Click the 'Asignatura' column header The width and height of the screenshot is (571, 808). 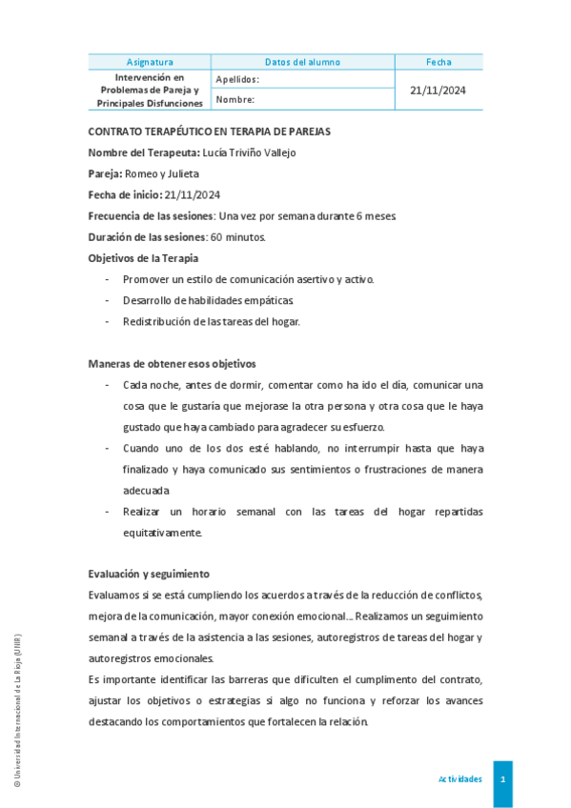(x=150, y=62)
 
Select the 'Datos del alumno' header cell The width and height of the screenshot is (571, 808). (x=302, y=62)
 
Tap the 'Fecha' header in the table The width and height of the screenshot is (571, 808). (x=438, y=62)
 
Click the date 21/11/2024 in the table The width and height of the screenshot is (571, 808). (x=438, y=91)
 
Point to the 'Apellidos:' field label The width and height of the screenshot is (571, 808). (x=237, y=80)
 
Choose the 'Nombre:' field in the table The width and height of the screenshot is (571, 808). (x=235, y=99)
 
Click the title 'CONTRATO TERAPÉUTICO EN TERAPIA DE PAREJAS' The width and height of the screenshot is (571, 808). (x=210, y=131)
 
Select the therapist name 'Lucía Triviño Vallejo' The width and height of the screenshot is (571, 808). (x=250, y=152)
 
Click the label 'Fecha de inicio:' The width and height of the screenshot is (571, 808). (x=124, y=194)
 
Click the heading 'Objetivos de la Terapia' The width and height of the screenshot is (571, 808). (x=144, y=257)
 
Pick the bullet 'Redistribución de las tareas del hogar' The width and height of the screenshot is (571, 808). (x=211, y=321)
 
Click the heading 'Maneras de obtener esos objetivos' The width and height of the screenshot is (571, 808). (x=172, y=363)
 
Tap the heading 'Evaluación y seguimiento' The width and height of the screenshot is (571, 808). (x=149, y=574)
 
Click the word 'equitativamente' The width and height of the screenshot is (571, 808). (x=162, y=533)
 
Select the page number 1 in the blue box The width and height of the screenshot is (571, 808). (x=502, y=779)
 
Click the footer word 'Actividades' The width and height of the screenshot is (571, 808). (x=459, y=779)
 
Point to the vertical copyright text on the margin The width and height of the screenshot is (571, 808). (x=16, y=710)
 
